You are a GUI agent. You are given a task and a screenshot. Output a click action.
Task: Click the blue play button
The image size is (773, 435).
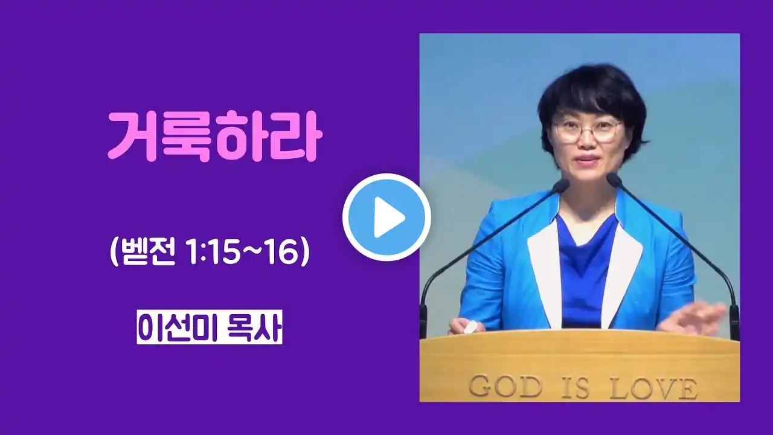pos(386,217)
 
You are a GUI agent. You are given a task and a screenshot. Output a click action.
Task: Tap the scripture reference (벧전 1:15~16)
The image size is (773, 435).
pos(210,253)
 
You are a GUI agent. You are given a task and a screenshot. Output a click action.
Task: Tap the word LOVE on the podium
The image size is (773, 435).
pos(653,388)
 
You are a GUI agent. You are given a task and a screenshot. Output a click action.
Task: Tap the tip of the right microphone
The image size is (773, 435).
pos(612,179)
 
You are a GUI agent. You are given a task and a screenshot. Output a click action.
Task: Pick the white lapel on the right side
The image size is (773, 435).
pos(621,272)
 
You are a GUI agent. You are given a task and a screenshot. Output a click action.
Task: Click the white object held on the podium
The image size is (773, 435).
pos(470,326)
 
